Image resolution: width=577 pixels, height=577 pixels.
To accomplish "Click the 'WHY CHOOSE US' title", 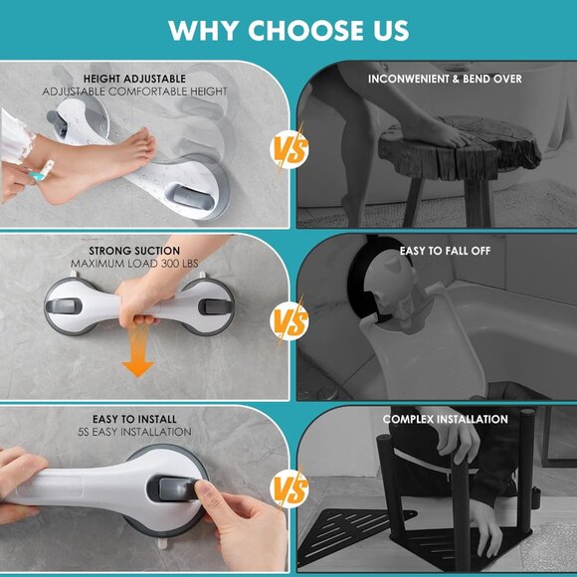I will click(288, 30).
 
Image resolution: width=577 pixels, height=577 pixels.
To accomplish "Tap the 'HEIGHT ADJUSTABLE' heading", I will click(134, 79).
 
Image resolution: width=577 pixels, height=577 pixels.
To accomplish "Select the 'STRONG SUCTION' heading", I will click(134, 251).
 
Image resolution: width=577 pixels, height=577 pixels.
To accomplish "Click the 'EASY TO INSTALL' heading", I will click(134, 419).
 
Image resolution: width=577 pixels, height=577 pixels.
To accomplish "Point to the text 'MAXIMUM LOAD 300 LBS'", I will click(134, 264).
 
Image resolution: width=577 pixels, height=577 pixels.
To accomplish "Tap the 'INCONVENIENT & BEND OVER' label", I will click(445, 79).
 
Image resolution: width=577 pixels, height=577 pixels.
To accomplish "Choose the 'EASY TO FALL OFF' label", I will click(445, 251).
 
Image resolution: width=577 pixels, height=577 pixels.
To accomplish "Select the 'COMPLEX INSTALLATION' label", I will click(445, 419).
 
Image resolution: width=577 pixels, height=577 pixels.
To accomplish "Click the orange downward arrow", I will click(138, 360).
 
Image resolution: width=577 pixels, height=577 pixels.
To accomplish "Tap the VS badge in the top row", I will click(288, 150).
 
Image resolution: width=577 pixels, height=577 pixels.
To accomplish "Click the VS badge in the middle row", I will click(288, 320).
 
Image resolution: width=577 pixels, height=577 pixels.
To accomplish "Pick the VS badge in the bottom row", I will click(288, 489).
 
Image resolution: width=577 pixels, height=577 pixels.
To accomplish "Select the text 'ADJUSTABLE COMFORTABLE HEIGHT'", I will click(134, 92).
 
